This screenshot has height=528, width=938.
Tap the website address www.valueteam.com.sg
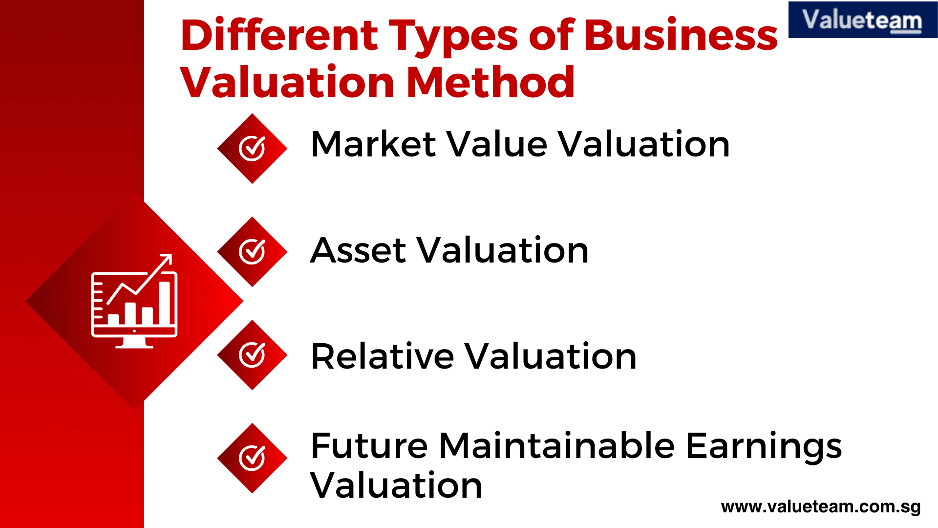tap(821, 507)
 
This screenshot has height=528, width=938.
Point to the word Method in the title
tap(490, 82)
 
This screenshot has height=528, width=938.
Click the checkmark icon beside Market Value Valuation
tap(252, 149)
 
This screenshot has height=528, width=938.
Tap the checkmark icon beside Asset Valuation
tap(252, 252)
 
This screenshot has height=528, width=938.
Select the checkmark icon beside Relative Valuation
tap(252, 355)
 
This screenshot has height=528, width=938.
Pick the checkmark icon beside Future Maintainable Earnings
tap(252, 458)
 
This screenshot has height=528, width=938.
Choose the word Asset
tap(358, 250)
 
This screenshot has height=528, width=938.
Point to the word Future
tap(369, 446)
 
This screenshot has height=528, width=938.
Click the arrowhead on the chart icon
tap(168, 258)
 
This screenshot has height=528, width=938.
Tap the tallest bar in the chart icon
tap(165, 303)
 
